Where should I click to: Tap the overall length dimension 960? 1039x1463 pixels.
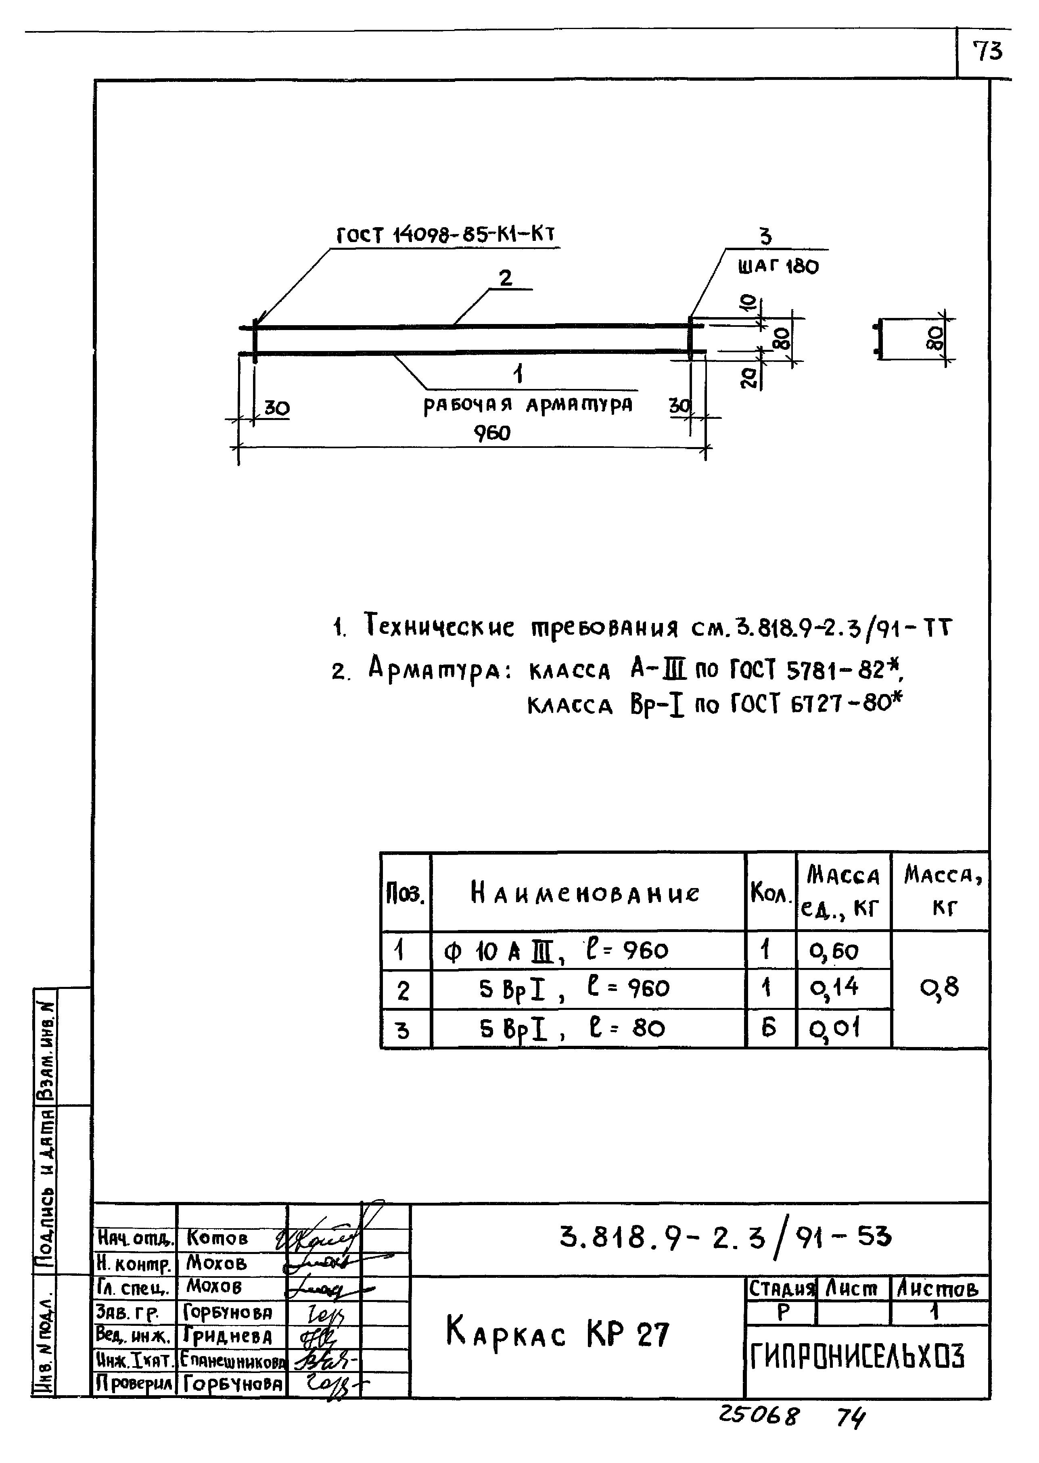click(x=492, y=434)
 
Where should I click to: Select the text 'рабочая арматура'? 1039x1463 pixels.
click(x=528, y=405)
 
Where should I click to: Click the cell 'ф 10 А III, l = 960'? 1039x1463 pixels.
click(x=555, y=951)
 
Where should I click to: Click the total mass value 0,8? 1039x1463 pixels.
click(x=939, y=989)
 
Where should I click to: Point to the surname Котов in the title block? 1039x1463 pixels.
click(x=217, y=1238)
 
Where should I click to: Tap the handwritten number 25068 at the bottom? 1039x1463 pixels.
click(x=759, y=1416)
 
